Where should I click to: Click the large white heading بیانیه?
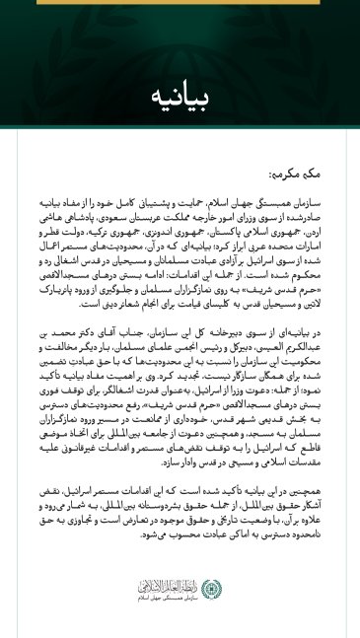pyautogui.click(x=180, y=96)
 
